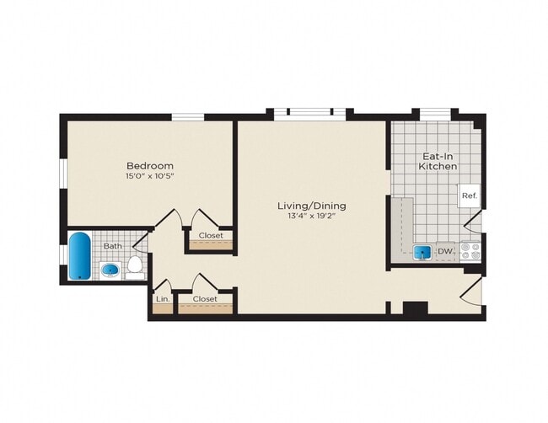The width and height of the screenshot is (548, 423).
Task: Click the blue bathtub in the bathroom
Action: pyautogui.click(x=78, y=256)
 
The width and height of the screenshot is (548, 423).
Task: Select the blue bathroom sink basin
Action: pyautogui.click(x=110, y=270)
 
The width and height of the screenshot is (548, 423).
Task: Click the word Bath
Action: pyautogui.click(x=112, y=246)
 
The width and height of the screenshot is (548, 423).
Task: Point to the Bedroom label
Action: pyautogui.click(x=150, y=166)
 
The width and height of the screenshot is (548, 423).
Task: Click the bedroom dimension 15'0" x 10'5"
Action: pyautogui.click(x=150, y=177)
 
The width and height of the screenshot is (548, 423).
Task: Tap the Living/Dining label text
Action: pyautogui.click(x=312, y=206)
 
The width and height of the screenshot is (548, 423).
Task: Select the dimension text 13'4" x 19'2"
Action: pyautogui.click(x=312, y=217)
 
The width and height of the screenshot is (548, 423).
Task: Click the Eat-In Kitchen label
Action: pyautogui.click(x=438, y=161)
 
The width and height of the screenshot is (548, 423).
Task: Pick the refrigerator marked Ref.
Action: pyautogui.click(x=469, y=196)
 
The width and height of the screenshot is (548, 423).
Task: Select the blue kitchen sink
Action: pyautogui.click(x=422, y=252)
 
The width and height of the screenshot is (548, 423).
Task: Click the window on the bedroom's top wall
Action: pyautogui.click(x=188, y=116)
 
